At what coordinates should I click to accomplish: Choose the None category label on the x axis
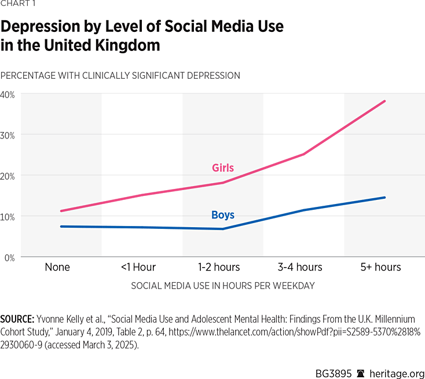point(57,267)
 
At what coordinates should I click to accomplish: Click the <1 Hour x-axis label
point(138,267)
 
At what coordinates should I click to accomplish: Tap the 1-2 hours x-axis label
point(219,267)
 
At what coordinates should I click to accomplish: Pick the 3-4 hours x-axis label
point(300,267)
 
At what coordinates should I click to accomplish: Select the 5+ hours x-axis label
point(380,267)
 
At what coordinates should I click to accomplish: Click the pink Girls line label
point(223,168)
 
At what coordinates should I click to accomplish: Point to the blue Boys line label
point(223,215)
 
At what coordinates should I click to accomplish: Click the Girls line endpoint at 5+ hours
point(385,101)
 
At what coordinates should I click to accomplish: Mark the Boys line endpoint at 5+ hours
point(385,198)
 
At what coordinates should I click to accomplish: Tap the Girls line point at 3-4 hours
point(304,154)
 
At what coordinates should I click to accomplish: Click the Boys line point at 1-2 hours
point(223,229)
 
